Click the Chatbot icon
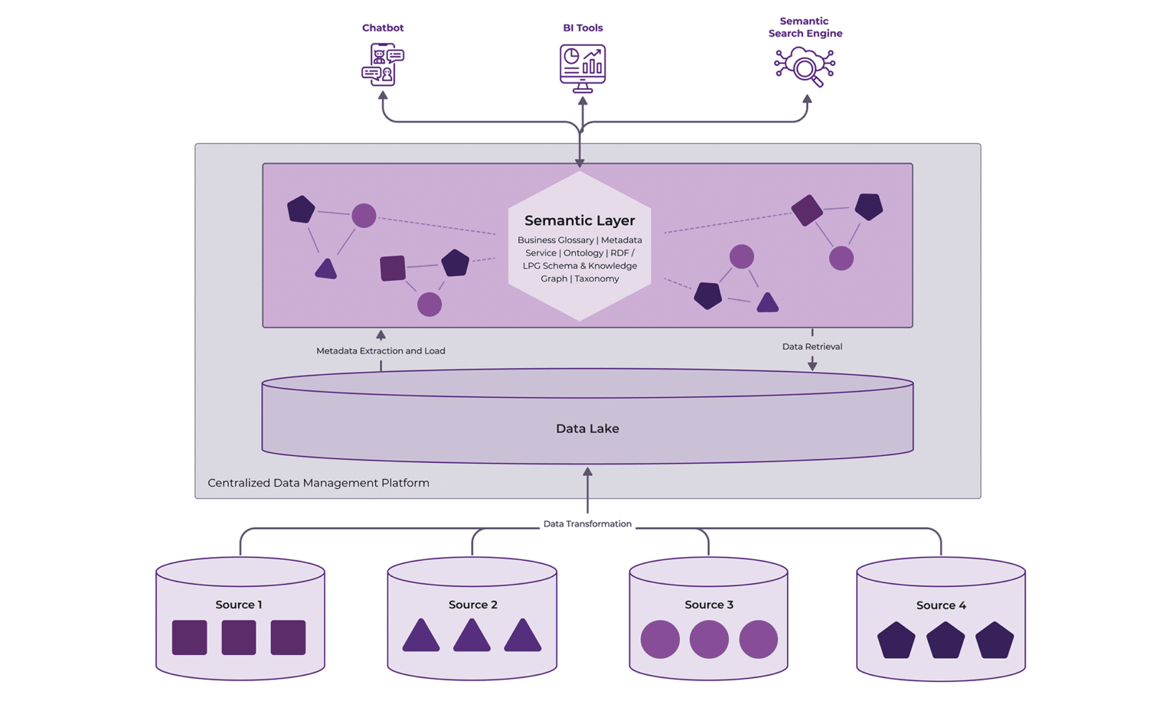pos(383,64)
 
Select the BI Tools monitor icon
pos(583,67)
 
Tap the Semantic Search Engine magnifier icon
pos(804,67)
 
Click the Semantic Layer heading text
pos(580,220)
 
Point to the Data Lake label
pos(587,429)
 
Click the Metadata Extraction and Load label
pos(381,350)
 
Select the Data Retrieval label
pos(812,347)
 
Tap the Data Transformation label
pos(587,524)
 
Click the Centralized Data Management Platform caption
pos(318,483)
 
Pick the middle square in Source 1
pos(239,637)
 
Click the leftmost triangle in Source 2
pos(421,636)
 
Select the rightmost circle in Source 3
pos(758,639)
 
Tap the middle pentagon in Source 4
pos(946,640)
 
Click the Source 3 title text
pos(709,605)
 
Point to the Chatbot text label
pos(383,28)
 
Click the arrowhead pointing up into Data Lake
pos(587,472)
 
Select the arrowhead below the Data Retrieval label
pos(812,365)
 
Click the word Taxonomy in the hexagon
pos(596,279)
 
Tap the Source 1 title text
pos(239,605)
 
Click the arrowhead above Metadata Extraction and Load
pos(381,335)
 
